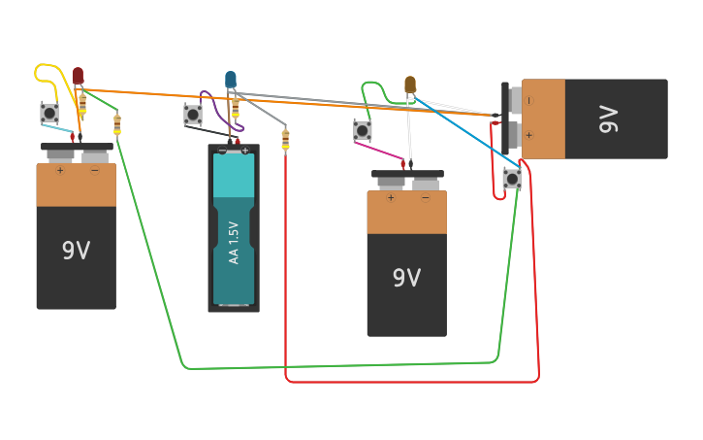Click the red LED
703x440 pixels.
pyautogui.click(x=78, y=76)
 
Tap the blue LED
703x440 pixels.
pyautogui.click(x=231, y=80)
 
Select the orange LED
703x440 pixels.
pyautogui.click(x=410, y=85)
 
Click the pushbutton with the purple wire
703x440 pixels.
pyautogui.click(x=193, y=115)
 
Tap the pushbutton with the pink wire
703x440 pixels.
pyautogui.click(x=362, y=130)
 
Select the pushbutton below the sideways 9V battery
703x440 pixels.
pyautogui.click(x=512, y=179)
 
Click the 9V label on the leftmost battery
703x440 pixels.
pyautogui.click(x=76, y=251)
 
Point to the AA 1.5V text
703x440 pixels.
pyautogui.click(x=234, y=243)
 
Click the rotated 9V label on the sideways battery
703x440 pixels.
pyautogui.click(x=608, y=119)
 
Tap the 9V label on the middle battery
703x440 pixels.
pyautogui.click(x=406, y=278)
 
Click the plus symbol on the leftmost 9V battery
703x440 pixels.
pyautogui.click(x=59, y=171)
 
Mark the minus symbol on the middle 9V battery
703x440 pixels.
pyautogui.click(x=425, y=198)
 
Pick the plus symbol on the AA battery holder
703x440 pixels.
pyautogui.click(x=245, y=151)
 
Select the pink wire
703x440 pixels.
pyautogui.click(x=378, y=151)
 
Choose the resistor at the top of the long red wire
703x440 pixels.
pyautogui.click(x=285, y=141)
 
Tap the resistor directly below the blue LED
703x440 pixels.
pyautogui.click(x=235, y=107)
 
